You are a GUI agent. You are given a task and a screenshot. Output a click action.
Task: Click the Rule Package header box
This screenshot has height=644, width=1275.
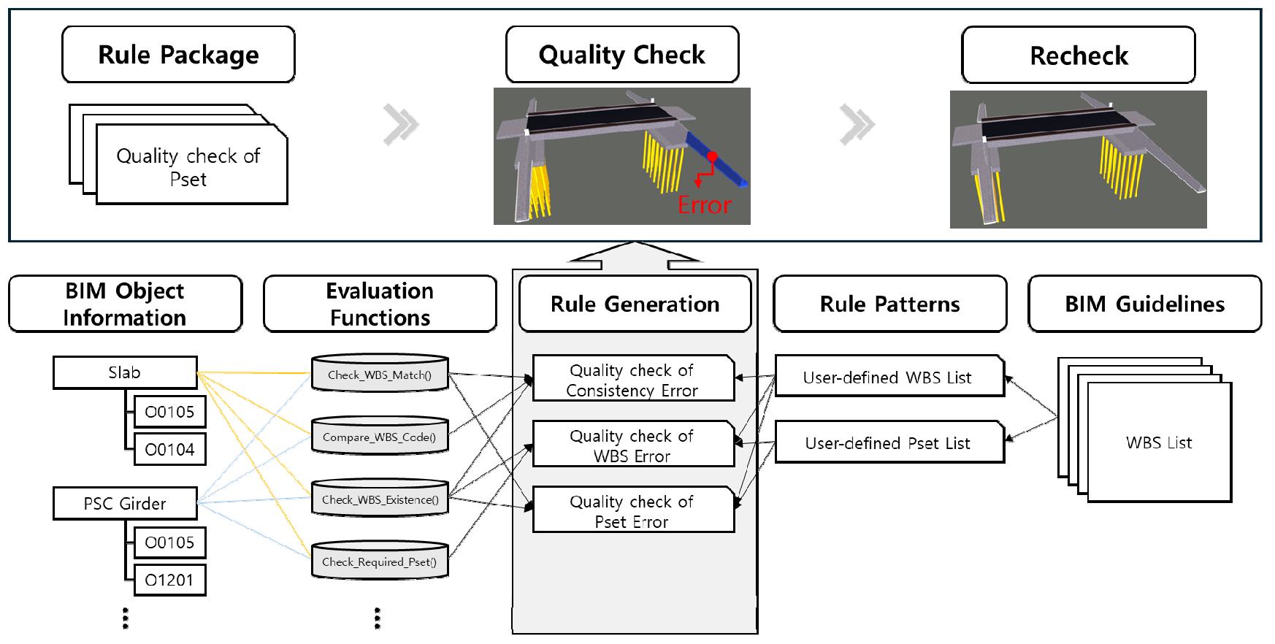tap(178, 55)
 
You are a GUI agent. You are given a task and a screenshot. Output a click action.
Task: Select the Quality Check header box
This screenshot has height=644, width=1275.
tap(622, 55)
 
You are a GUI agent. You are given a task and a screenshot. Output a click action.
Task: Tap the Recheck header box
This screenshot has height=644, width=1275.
tap(1078, 55)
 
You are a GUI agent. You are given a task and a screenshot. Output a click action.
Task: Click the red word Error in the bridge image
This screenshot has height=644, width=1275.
tap(704, 205)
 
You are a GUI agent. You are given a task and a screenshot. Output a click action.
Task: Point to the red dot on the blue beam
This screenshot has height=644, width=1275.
tap(712, 156)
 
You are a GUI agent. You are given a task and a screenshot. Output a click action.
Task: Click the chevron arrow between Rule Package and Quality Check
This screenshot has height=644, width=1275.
tap(401, 124)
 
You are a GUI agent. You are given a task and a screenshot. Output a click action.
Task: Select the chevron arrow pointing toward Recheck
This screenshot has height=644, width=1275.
tap(857, 124)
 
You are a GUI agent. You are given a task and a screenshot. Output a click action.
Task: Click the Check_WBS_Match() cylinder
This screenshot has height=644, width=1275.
tap(380, 374)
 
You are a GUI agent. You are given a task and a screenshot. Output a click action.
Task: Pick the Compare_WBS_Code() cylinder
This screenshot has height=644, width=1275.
tap(380, 437)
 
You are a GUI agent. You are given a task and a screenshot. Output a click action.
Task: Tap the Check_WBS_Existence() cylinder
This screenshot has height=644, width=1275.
tap(380, 499)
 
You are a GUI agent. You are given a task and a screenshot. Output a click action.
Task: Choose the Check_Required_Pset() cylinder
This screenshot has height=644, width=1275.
tap(380, 561)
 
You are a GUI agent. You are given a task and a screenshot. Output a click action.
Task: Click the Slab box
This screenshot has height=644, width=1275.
tap(125, 372)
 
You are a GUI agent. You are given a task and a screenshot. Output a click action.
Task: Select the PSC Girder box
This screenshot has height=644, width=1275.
tap(125, 503)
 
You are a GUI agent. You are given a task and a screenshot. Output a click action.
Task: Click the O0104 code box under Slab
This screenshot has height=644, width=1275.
tap(169, 449)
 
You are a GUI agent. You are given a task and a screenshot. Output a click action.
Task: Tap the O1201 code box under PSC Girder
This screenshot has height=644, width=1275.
tap(169, 580)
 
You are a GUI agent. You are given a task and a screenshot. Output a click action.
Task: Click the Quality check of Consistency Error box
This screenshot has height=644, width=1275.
tap(632, 380)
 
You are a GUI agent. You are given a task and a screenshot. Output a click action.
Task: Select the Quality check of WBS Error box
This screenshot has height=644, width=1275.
tap(632, 445)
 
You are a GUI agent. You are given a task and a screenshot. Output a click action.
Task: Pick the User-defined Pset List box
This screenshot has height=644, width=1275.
tap(889, 442)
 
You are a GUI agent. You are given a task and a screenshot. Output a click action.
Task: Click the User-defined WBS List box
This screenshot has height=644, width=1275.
tap(889, 377)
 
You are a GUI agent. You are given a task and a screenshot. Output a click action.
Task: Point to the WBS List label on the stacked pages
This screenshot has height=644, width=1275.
tap(1159, 442)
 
